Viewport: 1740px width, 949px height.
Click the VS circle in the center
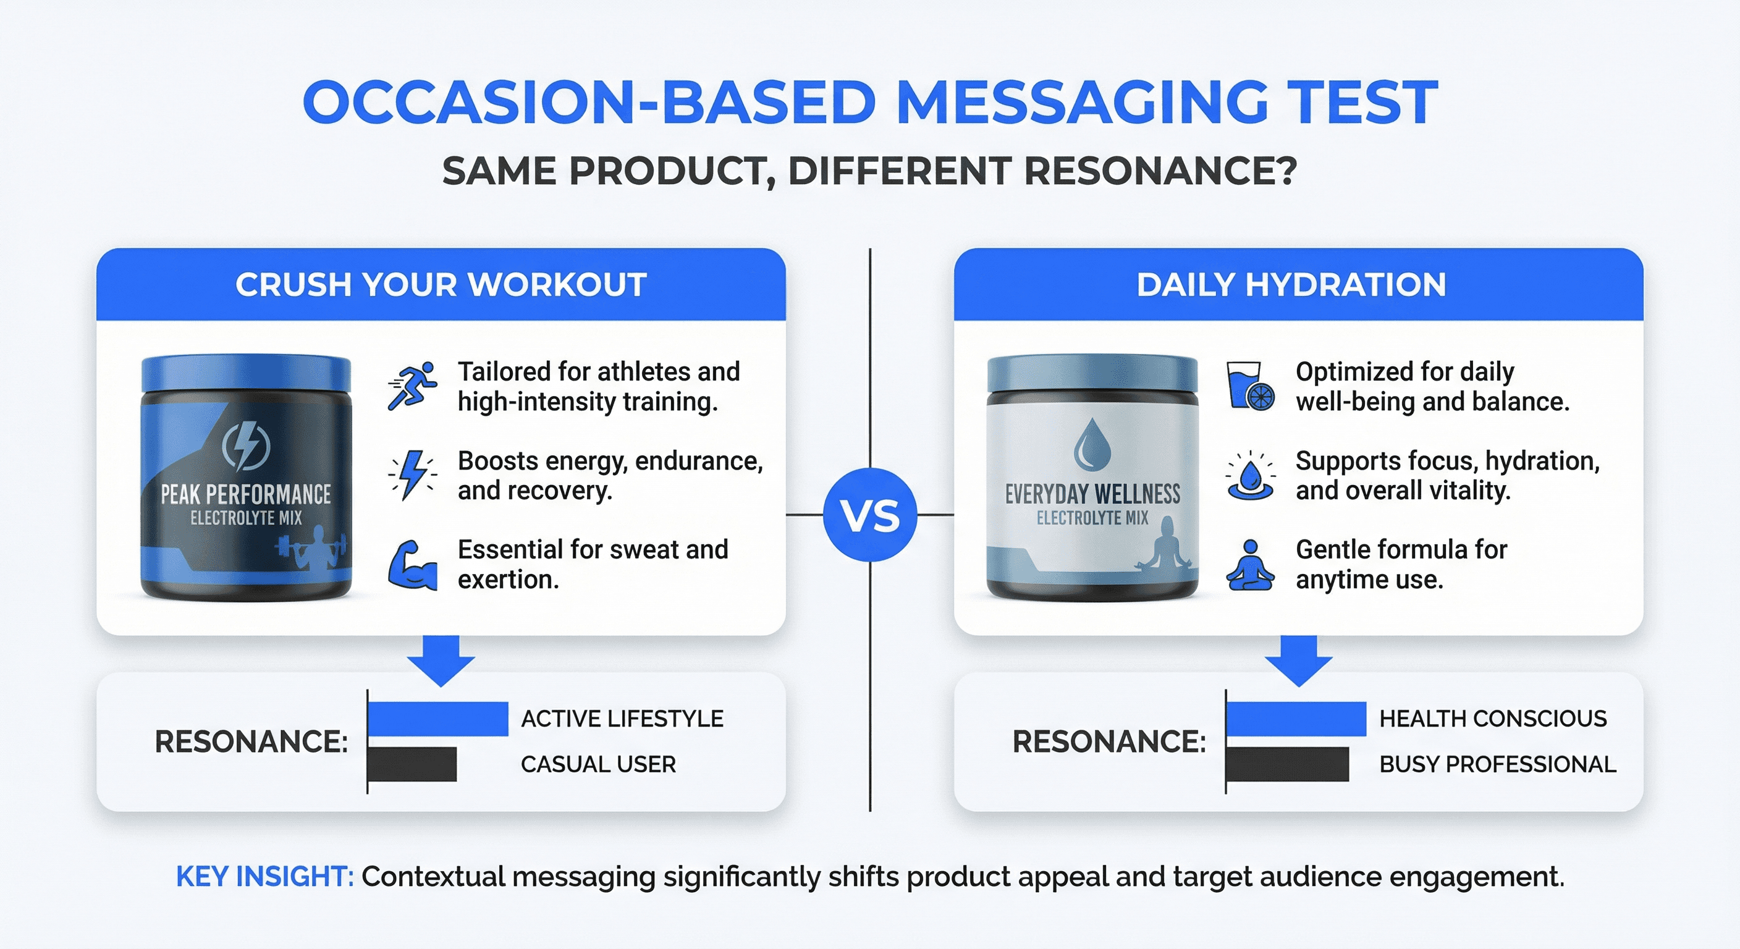(870, 515)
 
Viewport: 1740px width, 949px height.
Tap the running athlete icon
(412, 386)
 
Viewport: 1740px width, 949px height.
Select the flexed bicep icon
(412, 565)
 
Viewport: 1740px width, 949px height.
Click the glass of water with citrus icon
(1250, 386)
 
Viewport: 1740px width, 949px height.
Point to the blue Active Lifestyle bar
(437, 719)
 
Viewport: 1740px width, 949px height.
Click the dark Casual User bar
(412, 764)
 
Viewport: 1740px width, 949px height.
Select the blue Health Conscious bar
(1296, 719)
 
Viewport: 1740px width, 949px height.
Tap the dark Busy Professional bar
(1288, 764)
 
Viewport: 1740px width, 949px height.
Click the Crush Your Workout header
(441, 284)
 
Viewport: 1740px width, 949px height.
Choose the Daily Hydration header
(1298, 284)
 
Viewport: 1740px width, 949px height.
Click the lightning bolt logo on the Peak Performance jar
(246, 446)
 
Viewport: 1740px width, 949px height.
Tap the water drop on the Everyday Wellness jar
(1092, 444)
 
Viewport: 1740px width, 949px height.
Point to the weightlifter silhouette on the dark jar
(313, 548)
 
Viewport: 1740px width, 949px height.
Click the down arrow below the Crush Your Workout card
(441, 660)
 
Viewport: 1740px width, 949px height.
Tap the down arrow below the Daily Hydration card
(1298, 660)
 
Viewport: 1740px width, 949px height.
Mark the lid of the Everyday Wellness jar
(1092, 374)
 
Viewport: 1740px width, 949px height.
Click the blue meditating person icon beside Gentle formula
(1250, 565)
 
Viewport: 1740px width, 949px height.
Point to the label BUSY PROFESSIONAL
(1498, 764)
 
